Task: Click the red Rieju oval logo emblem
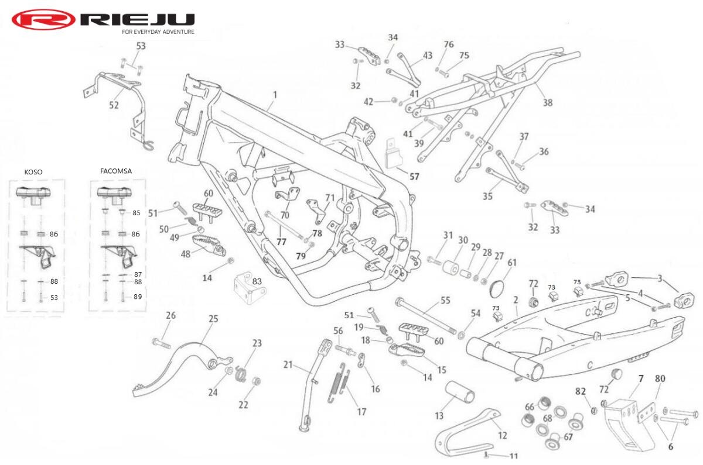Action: [43, 20]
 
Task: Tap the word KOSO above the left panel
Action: [33, 172]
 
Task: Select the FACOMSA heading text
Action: [116, 171]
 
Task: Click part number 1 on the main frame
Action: [275, 95]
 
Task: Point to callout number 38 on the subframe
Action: [548, 103]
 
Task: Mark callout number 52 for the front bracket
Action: [114, 105]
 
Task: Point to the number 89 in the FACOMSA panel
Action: [138, 297]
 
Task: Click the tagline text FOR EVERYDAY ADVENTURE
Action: [158, 32]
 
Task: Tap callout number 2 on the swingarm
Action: [516, 300]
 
